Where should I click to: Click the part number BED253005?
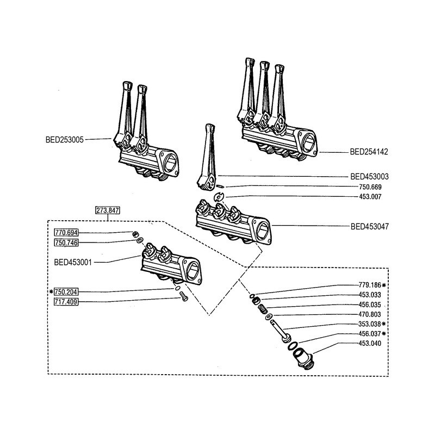65,139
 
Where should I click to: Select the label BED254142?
369,152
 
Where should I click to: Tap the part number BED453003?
369,177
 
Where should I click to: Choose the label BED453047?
369,226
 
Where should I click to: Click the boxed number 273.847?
107,210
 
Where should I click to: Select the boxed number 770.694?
66,233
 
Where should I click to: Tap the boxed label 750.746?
66,243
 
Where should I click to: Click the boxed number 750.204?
66,292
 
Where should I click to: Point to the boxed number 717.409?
66,302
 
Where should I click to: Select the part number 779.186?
370,285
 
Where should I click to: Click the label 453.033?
370,295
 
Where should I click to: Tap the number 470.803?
370,314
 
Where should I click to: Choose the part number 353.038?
370,324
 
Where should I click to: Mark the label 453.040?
370,343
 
